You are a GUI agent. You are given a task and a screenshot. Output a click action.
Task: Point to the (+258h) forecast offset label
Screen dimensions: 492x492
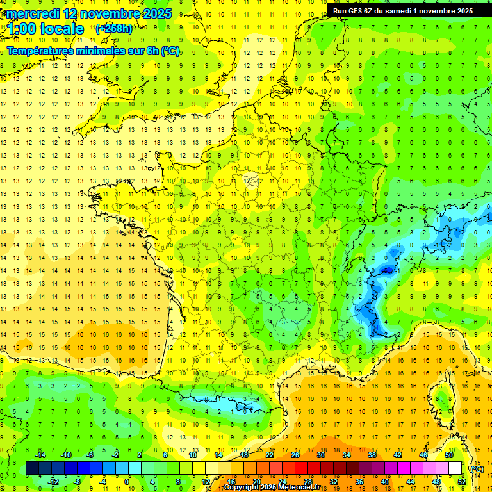point(114,29)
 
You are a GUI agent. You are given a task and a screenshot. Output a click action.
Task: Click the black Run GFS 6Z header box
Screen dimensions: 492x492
point(402,10)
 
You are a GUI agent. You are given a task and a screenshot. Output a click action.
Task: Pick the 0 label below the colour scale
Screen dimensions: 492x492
point(127,482)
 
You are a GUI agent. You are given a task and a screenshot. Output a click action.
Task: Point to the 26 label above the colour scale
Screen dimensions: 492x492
point(295,455)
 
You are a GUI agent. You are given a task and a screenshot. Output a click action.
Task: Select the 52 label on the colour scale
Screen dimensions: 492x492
point(462,482)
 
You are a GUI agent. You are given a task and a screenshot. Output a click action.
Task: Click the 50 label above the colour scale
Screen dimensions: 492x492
point(449,455)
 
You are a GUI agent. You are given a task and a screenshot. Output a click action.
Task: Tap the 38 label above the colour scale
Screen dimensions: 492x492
point(372,455)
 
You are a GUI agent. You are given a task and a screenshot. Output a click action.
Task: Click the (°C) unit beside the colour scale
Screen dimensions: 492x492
point(477,469)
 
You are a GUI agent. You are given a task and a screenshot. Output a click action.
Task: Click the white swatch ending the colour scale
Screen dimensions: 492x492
point(455,468)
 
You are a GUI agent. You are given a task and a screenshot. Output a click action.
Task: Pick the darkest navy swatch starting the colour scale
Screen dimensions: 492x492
point(32,468)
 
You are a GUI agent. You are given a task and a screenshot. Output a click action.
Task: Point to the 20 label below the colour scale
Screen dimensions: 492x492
point(256,482)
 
